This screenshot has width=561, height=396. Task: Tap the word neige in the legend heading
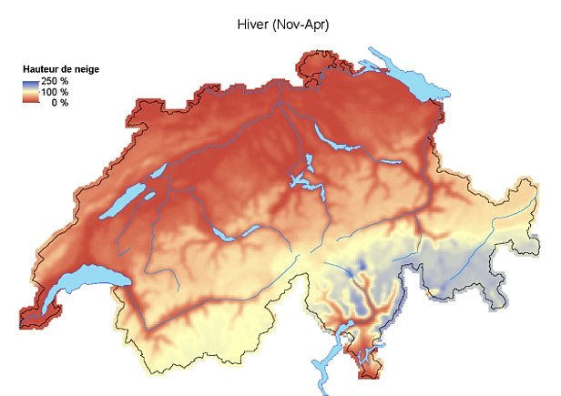(87, 69)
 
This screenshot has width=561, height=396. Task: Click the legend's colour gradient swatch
(31, 92)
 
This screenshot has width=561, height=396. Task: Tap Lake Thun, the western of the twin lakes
(222, 235)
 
